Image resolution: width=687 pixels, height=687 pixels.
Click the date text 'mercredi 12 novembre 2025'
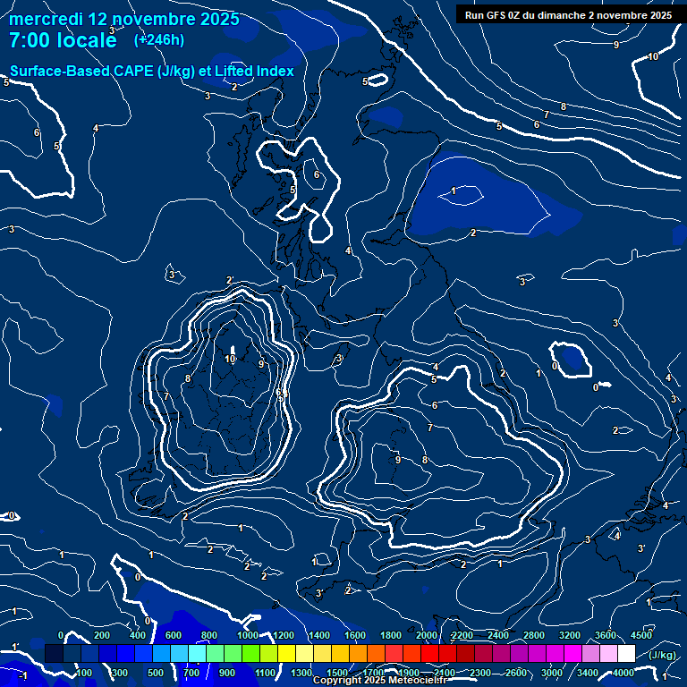[124, 18]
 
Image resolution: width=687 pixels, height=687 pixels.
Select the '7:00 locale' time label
[63, 40]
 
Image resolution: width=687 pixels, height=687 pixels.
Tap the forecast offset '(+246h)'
[158, 39]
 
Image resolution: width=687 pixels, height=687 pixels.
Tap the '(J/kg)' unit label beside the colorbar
[661, 655]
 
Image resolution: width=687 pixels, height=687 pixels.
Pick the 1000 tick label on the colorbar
[248, 635]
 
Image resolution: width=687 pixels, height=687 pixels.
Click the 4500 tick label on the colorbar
[641, 635]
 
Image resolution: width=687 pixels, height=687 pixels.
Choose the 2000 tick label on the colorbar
[427, 635]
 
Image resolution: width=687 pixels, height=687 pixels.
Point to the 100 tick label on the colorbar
[83, 673]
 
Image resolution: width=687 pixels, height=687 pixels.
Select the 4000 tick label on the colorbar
[623, 673]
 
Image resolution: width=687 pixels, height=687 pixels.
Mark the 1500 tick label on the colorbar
[337, 673]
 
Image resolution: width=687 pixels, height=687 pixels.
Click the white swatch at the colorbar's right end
[651, 655]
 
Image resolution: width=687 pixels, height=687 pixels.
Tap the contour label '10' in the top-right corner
[653, 56]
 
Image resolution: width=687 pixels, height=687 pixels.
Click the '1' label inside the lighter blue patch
[454, 191]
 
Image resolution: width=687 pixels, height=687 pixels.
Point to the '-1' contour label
[22, 675]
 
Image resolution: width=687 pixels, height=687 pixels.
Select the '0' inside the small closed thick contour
[555, 365]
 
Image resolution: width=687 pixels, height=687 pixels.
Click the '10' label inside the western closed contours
[230, 359]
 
